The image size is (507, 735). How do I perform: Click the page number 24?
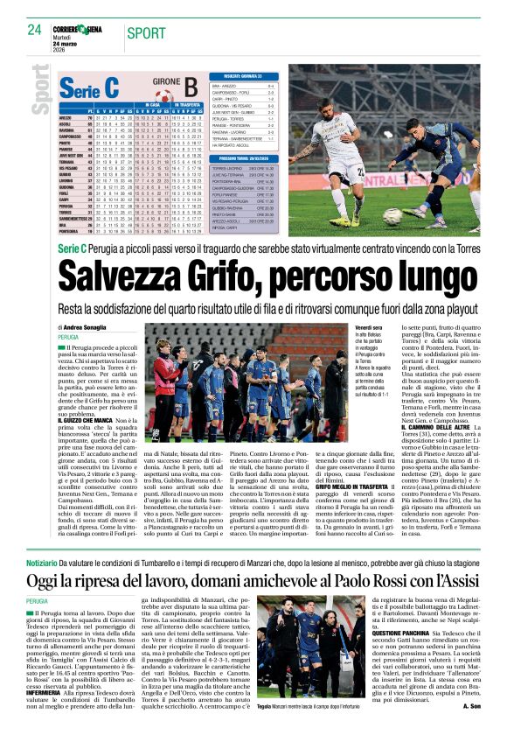(x=35, y=30)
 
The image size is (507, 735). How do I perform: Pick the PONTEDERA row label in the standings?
(x=72, y=230)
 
